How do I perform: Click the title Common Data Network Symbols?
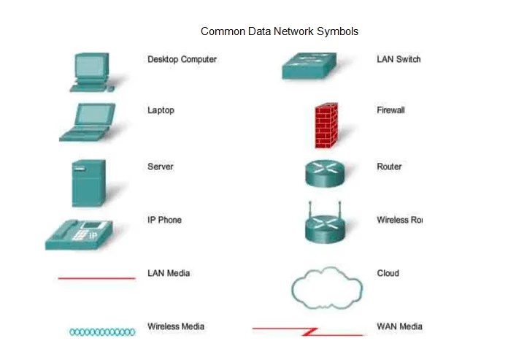click(x=280, y=31)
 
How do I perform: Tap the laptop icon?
click(x=86, y=122)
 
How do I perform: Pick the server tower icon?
click(x=88, y=183)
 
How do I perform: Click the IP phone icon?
click(x=80, y=233)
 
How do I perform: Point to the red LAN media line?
click(x=96, y=278)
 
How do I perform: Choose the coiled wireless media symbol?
click(x=102, y=332)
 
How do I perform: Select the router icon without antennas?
click(x=323, y=172)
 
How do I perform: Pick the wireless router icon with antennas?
click(x=323, y=225)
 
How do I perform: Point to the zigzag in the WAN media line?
click(x=309, y=332)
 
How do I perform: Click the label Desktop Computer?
click(x=182, y=59)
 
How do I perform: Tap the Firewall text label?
click(x=390, y=110)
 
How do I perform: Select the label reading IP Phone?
click(x=164, y=220)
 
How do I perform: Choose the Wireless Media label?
click(x=176, y=326)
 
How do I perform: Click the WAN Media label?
click(x=399, y=326)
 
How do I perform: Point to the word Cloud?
click(x=388, y=273)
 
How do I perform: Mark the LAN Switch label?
click(x=399, y=59)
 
